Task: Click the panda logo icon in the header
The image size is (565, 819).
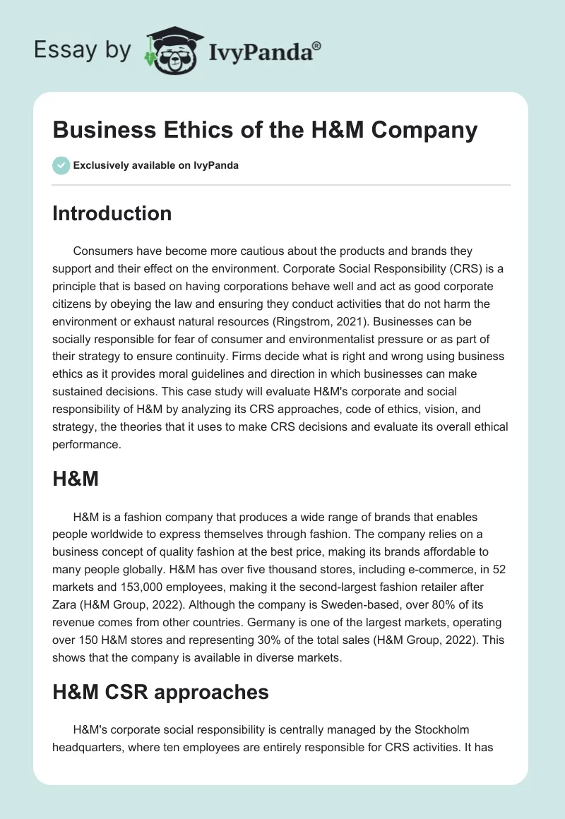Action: [x=172, y=49]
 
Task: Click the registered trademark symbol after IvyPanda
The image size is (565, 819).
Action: [x=318, y=46]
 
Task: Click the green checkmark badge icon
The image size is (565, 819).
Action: [x=61, y=165]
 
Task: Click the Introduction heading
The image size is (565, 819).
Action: [x=112, y=213]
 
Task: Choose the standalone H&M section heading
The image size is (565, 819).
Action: [x=76, y=480]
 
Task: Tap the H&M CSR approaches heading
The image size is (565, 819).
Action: [x=160, y=692]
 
